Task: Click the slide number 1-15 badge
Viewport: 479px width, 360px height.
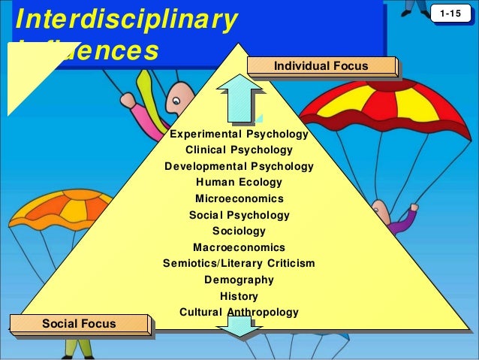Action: (x=451, y=14)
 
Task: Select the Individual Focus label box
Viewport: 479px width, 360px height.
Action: (x=321, y=66)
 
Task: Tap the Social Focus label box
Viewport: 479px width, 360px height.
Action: (x=79, y=323)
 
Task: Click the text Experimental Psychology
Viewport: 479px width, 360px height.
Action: (x=239, y=135)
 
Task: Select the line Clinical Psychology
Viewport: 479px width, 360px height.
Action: (x=239, y=150)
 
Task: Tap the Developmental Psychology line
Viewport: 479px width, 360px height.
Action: (x=239, y=166)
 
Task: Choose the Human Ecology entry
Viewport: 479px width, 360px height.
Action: (x=239, y=183)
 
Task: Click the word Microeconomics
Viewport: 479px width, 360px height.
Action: (x=239, y=199)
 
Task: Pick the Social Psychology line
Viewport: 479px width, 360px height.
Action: (x=239, y=215)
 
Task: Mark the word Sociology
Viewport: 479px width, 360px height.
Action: (x=239, y=231)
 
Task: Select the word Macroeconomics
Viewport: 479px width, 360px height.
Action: (x=239, y=247)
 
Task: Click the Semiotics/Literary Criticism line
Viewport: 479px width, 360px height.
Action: (x=239, y=263)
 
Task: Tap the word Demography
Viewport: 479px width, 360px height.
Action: (x=239, y=280)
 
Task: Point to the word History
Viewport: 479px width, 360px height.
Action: (x=239, y=296)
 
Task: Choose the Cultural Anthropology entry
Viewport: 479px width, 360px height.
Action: (x=239, y=312)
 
